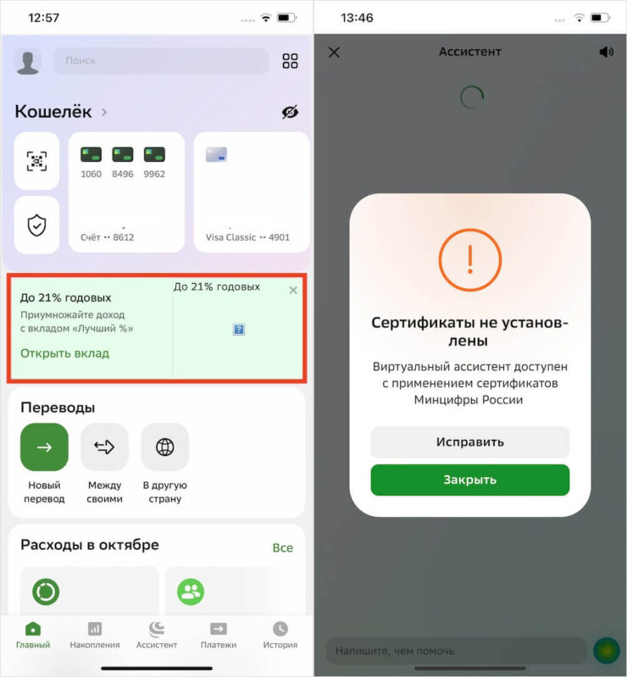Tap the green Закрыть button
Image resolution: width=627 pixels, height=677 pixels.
coord(469,480)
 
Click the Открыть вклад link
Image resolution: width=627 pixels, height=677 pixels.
coord(64,353)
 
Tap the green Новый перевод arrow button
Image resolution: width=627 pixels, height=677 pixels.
coord(44,447)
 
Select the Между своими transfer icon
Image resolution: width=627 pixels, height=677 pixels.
coord(104,447)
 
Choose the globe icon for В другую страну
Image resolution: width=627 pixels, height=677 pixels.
coord(165,447)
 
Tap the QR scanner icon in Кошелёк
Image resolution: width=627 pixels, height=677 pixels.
coord(36,161)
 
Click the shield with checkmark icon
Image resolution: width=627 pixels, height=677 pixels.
coord(36,225)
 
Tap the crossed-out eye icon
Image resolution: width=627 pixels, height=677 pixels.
coord(290,112)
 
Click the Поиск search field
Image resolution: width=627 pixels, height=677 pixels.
coord(161,60)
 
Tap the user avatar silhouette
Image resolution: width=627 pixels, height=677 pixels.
coord(28,62)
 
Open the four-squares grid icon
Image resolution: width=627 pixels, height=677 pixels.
coord(290,61)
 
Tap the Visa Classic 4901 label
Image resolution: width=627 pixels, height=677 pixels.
coord(247,237)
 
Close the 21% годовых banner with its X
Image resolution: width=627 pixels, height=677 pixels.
coord(293,290)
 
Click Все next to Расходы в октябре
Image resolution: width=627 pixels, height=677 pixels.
coord(283,547)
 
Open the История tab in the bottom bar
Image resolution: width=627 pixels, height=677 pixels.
coord(280,635)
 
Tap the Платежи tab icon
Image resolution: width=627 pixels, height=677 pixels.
coord(219,629)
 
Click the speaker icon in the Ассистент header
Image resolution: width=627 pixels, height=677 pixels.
coord(607,53)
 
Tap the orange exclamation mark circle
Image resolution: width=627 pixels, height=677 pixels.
coord(470,260)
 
